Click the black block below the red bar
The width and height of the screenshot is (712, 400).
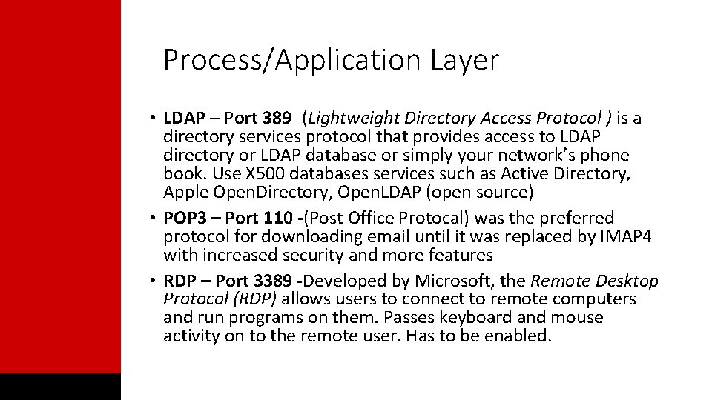[x=60, y=386]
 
